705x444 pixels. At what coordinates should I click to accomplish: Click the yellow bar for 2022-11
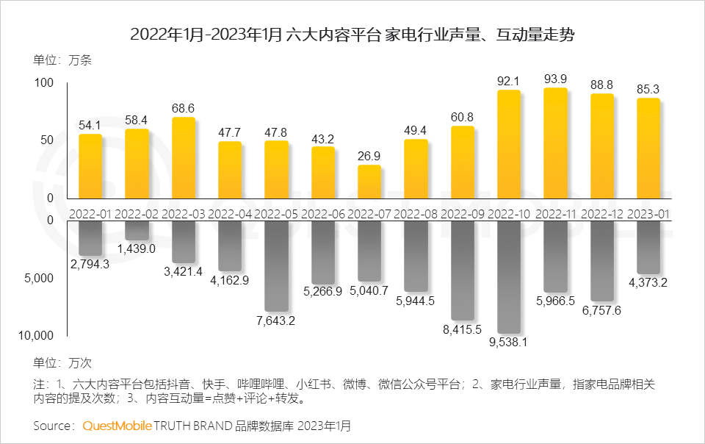[555, 143]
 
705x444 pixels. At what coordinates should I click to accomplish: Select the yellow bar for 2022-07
[369, 182]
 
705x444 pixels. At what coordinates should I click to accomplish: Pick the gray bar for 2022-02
[137, 230]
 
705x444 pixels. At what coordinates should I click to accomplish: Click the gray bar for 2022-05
[276, 265]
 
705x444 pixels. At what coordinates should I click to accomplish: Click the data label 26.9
[369, 156]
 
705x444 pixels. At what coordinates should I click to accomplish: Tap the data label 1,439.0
[137, 248]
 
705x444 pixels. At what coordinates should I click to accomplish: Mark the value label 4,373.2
[648, 282]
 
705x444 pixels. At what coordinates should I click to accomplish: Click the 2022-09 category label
[462, 213]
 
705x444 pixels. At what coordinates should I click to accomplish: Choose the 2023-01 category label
[648, 213]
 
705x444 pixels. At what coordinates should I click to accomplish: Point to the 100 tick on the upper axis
[44, 82]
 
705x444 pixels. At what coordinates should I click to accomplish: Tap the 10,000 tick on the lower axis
[35, 335]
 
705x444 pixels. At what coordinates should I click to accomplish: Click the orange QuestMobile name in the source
[117, 426]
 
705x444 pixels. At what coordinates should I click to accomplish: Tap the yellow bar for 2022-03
[184, 158]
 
